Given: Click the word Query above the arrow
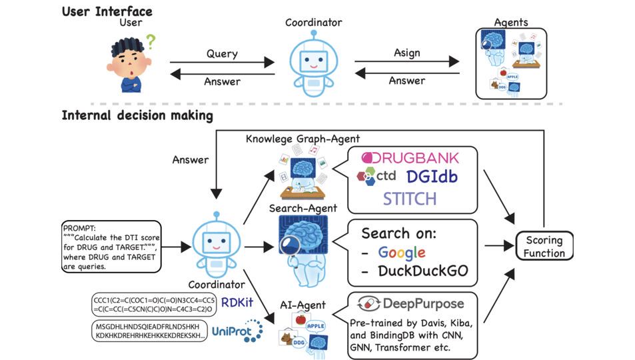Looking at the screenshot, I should (222, 53).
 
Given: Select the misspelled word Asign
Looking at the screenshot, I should (406, 53).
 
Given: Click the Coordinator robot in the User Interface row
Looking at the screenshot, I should (313, 64).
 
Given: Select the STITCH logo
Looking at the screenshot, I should (409, 198).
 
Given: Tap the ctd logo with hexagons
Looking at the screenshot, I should (377, 177).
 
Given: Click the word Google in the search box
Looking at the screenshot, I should (402, 253).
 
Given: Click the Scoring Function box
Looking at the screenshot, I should (544, 247).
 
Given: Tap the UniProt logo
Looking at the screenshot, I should (237, 331).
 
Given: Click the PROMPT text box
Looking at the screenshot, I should (109, 246).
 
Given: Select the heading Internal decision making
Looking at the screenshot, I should (137, 115).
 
